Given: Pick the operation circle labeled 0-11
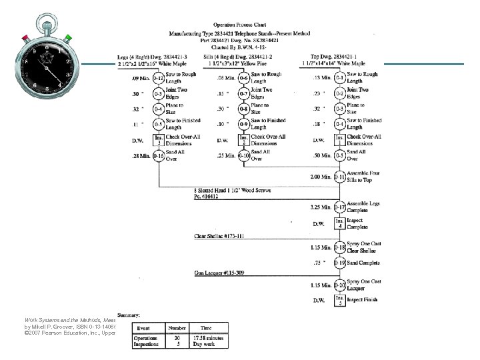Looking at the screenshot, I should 340,177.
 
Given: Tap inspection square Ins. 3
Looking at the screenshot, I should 159,140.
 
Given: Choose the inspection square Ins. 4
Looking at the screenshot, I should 340,223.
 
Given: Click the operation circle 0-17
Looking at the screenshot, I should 340,207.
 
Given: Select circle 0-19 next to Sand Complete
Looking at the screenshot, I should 340,263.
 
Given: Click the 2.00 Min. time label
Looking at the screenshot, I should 318,178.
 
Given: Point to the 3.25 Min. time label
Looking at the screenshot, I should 318,207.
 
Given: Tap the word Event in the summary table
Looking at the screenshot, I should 143,328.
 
